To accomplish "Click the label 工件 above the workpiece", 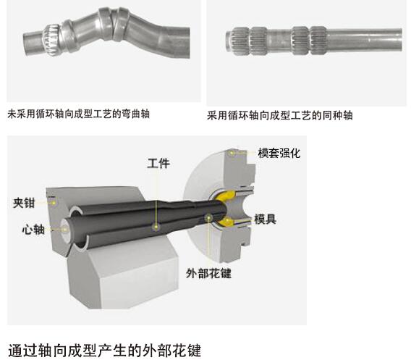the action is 158,163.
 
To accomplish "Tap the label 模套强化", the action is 279,154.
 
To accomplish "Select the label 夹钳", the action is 24,203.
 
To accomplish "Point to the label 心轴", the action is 33,230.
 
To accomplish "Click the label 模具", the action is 265,219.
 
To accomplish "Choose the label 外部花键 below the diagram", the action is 208,273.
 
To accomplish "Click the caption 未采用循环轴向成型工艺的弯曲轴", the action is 78,114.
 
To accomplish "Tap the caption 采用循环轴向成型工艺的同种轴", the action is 280,115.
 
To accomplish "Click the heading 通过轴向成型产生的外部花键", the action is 105,351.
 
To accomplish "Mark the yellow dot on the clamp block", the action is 54,203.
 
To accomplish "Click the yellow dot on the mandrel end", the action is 64,230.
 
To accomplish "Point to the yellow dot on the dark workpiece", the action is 156,227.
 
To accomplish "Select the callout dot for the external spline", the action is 208,217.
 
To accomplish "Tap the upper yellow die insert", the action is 226,196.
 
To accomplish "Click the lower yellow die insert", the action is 226,222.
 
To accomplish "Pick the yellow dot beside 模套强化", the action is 232,152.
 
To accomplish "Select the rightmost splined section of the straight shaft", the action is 318,40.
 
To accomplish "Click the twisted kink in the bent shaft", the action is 114,24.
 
